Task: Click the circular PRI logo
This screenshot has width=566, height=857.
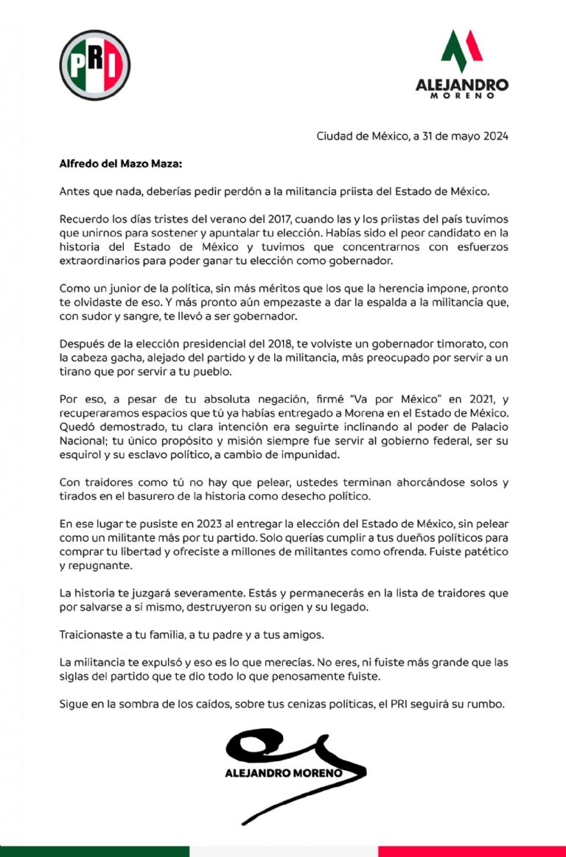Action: [94, 65]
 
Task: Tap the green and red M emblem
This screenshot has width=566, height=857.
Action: [462, 49]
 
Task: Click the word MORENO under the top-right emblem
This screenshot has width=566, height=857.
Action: [462, 96]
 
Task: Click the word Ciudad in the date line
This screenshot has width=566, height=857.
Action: [334, 136]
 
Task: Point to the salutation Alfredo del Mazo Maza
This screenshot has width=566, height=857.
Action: [120, 163]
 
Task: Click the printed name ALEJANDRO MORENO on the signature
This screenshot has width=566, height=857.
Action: [284, 773]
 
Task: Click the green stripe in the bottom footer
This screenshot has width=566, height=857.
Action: [94, 851]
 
